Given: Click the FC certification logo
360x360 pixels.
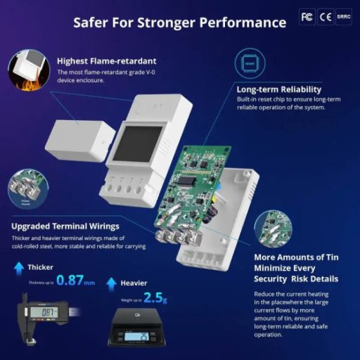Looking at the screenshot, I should point(307,17).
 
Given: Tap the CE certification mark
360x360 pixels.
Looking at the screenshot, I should point(326,17).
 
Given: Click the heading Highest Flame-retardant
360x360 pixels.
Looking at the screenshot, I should point(107,60).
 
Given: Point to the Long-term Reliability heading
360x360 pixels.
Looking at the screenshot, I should point(279,89).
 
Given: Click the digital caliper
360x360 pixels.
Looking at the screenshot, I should point(39,311).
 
